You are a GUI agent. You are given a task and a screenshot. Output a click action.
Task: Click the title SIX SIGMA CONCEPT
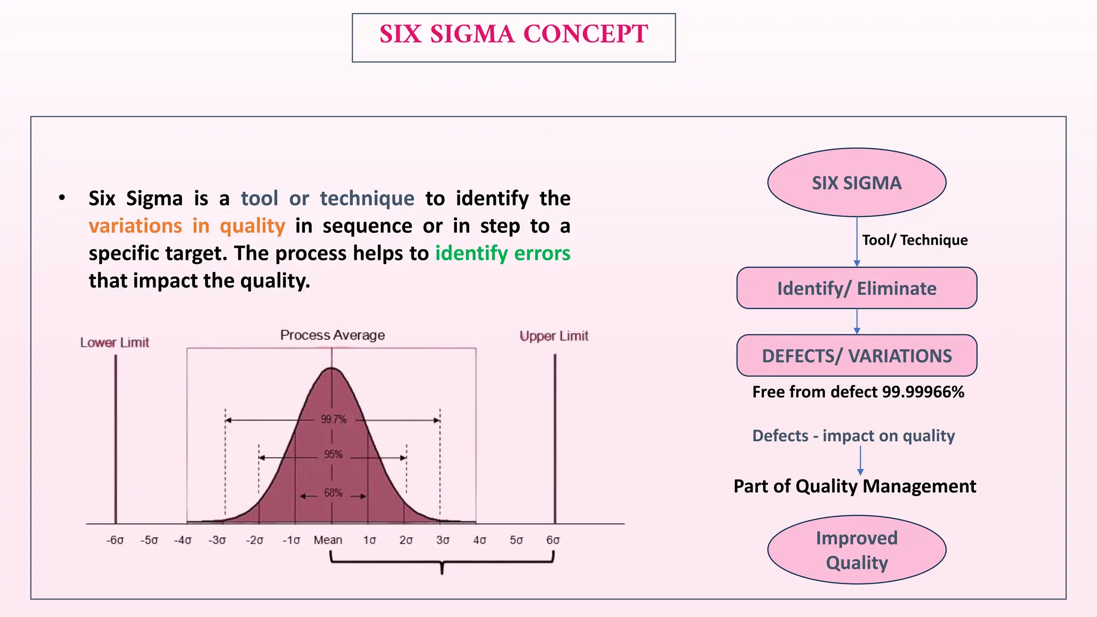click(x=513, y=34)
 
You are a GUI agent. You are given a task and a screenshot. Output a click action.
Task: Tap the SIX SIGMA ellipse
click(x=856, y=183)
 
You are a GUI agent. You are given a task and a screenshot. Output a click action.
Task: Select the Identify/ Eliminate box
click(x=856, y=288)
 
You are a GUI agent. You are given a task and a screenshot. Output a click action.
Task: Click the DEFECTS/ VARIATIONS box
click(x=856, y=356)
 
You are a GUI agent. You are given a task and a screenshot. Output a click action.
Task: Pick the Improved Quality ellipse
click(x=856, y=550)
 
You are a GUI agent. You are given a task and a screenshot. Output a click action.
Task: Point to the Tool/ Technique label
click(x=914, y=240)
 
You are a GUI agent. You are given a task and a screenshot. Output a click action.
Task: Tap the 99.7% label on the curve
click(x=334, y=419)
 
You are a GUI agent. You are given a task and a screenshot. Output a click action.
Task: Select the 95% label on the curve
click(x=333, y=455)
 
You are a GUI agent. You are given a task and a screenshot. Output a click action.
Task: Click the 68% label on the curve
click(x=333, y=493)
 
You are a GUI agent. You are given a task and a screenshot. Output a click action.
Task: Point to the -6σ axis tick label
click(x=115, y=540)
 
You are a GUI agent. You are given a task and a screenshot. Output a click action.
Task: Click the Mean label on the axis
click(x=328, y=540)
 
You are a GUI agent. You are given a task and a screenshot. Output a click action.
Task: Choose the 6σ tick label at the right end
click(x=553, y=540)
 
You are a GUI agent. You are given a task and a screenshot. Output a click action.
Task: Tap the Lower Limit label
click(x=115, y=343)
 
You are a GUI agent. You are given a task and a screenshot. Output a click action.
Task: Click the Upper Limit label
click(x=554, y=336)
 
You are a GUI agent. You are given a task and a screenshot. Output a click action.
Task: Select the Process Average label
click(x=332, y=335)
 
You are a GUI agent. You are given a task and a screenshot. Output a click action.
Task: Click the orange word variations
click(x=136, y=226)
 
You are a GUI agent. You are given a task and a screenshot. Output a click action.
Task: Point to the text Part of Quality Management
click(x=854, y=486)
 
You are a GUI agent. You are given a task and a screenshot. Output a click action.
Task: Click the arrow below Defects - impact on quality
click(x=860, y=461)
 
